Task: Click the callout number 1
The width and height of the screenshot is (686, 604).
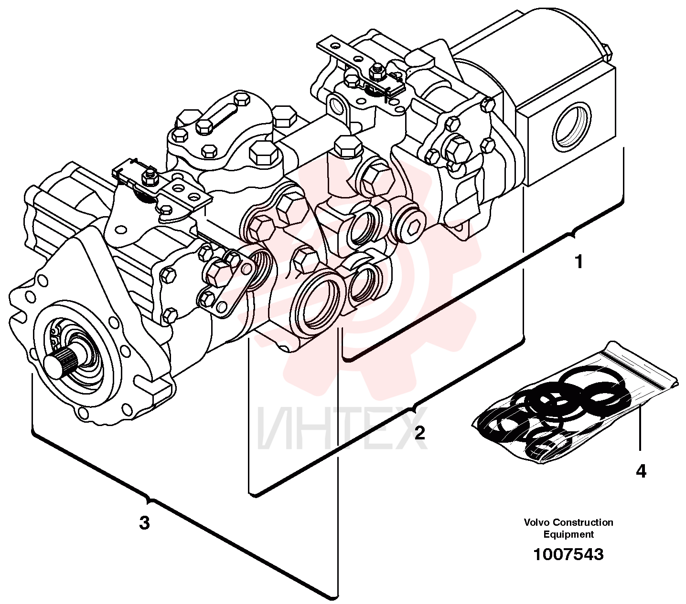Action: tap(579, 262)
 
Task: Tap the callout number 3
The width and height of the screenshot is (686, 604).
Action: tap(144, 523)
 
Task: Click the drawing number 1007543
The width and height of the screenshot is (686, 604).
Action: tap(568, 554)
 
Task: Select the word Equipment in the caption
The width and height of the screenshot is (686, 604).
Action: tap(568, 535)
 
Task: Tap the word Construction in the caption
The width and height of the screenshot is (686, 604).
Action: tap(583, 522)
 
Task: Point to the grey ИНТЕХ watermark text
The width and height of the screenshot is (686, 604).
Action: tap(342, 429)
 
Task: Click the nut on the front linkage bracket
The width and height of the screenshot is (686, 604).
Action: tap(148, 176)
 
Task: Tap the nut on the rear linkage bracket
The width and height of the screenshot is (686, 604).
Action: tap(375, 72)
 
